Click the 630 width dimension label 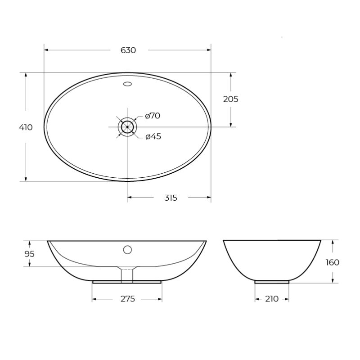[128, 50]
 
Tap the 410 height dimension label [26, 127]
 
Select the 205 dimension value [230, 99]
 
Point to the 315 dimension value [171, 198]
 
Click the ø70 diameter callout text [153, 116]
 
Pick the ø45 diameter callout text [153, 137]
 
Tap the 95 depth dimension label [29, 254]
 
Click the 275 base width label [128, 299]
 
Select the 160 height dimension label [333, 262]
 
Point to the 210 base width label [272, 299]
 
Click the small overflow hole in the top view [127, 83]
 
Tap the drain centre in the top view [127, 127]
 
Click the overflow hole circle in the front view [127, 249]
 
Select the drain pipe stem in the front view [127, 274]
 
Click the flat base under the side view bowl [272, 282]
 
